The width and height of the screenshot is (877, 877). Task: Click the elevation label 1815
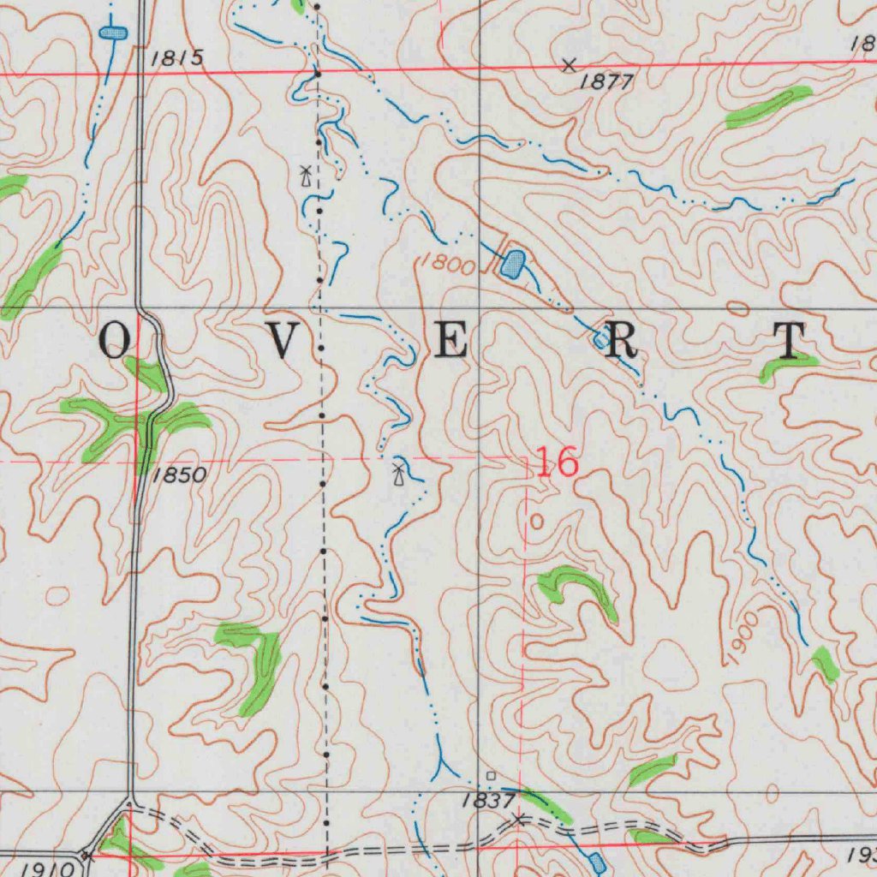coord(177,58)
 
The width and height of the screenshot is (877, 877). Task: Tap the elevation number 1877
coord(606,82)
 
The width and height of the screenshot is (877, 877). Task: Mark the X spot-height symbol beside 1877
coord(569,64)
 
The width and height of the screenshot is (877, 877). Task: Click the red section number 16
coord(557,463)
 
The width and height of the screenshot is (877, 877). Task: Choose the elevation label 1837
coord(486,802)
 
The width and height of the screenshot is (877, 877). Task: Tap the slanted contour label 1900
coord(741,637)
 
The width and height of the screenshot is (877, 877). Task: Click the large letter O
coord(116,342)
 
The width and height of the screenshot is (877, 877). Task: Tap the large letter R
coord(623,342)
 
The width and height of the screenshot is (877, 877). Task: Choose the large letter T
coord(790,341)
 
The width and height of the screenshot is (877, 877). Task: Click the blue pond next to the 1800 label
coord(512,263)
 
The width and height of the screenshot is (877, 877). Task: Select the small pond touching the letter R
coord(601,341)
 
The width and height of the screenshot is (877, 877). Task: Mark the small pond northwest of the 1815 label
coord(113,33)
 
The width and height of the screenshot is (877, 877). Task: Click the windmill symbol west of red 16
coord(398,472)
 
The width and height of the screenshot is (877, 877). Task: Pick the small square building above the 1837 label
coord(491,776)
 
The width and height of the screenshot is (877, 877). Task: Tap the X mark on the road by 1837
coord(517,820)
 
